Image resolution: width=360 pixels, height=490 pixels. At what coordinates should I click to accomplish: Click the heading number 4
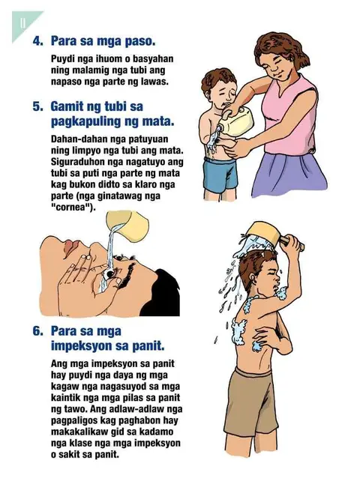37,41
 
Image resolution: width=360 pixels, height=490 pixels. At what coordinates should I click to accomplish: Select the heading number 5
37,106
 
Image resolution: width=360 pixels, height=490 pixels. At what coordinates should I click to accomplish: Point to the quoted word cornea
73,208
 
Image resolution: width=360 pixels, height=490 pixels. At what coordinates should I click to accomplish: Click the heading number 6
37,331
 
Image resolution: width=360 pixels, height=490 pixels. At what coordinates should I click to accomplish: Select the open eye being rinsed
110,274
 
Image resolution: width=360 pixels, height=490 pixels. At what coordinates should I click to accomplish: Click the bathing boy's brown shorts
251,403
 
